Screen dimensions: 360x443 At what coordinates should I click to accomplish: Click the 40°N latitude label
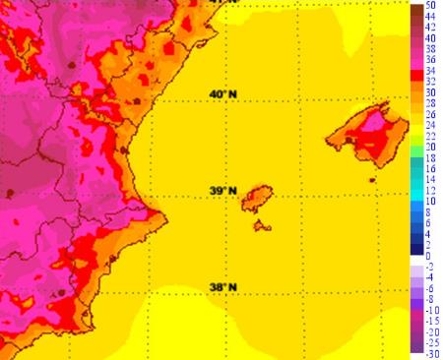click(x=223, y=94)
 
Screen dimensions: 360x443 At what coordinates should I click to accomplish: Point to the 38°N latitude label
click(x=223, y=287)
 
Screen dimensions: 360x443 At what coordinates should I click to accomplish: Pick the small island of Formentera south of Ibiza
click(x=262, y=226)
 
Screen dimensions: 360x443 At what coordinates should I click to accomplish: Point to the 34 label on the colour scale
click(x=431, y=72)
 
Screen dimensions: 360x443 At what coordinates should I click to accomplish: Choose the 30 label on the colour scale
click(x=431, y=93)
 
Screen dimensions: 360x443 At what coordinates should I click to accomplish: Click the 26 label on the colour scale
click(x=431, y=115)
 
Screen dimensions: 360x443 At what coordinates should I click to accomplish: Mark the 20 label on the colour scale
click(x=431, y=147)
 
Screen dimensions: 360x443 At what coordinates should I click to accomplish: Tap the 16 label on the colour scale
click(x=431, y=168)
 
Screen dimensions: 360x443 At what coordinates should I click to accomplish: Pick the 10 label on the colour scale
click(x=431, y=201)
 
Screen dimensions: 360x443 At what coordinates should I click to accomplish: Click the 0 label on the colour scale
click(x=429, y=255)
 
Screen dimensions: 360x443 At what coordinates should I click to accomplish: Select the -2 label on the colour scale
click(x=431, y=266)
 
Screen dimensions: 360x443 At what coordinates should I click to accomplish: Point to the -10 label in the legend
click(x=431, y=309)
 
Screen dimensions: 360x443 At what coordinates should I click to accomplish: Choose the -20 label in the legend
click(x=431, y=330)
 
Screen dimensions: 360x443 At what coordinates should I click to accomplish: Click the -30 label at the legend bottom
click(x=431, y=352)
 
